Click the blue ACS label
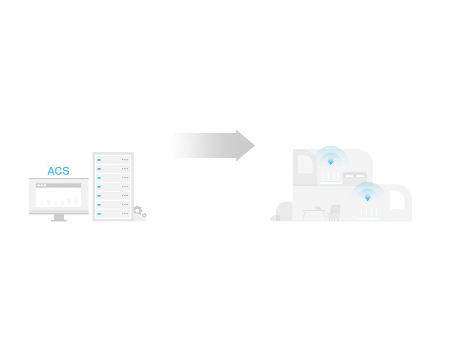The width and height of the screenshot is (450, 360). pyautogui.click(x=58, y=171)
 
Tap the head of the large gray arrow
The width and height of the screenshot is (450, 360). pyautogui.click(x=245, y=145)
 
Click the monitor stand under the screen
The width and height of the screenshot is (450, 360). pyautogui.click(x=59, y=218)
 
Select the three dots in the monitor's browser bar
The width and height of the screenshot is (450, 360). pyautogui.click(x=41, y=185)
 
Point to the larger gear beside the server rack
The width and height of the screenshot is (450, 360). pyautogui.click(x=138, y=211)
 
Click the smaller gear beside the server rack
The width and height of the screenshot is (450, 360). pyautogui.click(x=144, y=215)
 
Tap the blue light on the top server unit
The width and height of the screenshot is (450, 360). pyautogui.click(x=99, y=160)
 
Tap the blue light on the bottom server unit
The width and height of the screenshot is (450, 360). pyautogui.click(x=99, y=214)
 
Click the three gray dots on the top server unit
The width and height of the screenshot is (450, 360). pyautogui.click(x=125, y=160)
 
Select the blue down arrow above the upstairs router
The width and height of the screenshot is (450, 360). pyautogui.click(x=331, y=162)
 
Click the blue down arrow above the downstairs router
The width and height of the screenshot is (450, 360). pyautogui.click(x=367, y=198)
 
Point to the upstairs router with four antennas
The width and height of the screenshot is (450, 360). pyautogui.click(x=331, y=178)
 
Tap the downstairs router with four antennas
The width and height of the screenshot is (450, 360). pyautogui.click(x=369, y=214)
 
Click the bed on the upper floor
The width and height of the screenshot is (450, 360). pyautogui.click(x=355, y=178)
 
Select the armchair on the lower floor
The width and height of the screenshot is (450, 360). pyautogui.click(x=334, y=213)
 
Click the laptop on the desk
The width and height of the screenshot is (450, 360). pyautogui.click(x=319, y=208)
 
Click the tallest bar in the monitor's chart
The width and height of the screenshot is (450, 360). pyautogui.click(x=76, y=200)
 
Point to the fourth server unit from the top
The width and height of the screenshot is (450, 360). pyautogui.click(x=113, y=187)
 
